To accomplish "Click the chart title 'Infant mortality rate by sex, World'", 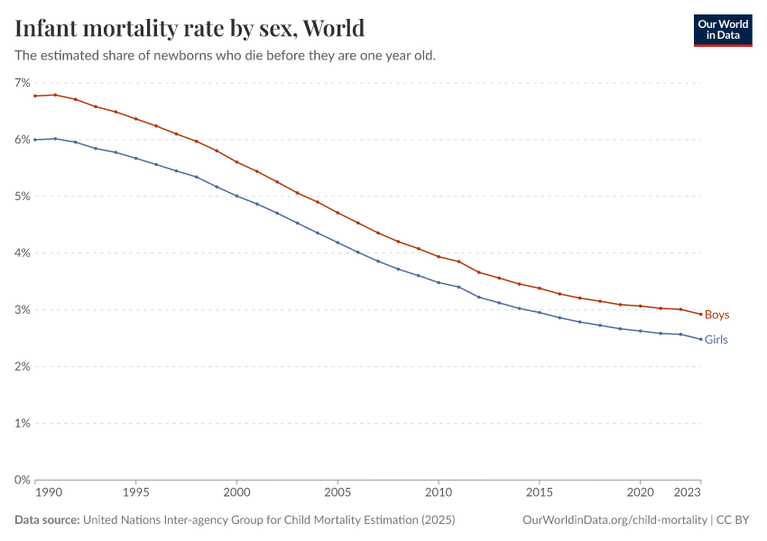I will tap(189, 28).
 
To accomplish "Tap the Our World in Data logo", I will tap(722, 30).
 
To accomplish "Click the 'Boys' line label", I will tap(716, 315).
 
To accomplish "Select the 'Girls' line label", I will tap(716, 340).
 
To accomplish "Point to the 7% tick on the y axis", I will tap(22, 83).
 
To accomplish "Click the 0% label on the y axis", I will tap(22, 480).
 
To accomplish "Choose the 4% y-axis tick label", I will tap(22, 253).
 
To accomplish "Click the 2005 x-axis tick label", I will tap(337, 493).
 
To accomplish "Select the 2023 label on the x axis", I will tap(688, 493).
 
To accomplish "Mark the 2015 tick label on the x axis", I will tap(540, 493).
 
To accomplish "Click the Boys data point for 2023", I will tap(701, 314).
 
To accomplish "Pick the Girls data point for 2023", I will tap(701, 339).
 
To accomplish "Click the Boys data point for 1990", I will tap(35, 96).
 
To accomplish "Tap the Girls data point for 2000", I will tap(236, 196).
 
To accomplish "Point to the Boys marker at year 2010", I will tap(439, 257).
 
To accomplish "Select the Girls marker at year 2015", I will tap(540, 312).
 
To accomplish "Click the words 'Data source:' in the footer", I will tap(47, 520).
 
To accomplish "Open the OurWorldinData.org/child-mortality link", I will tap(615, 520).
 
